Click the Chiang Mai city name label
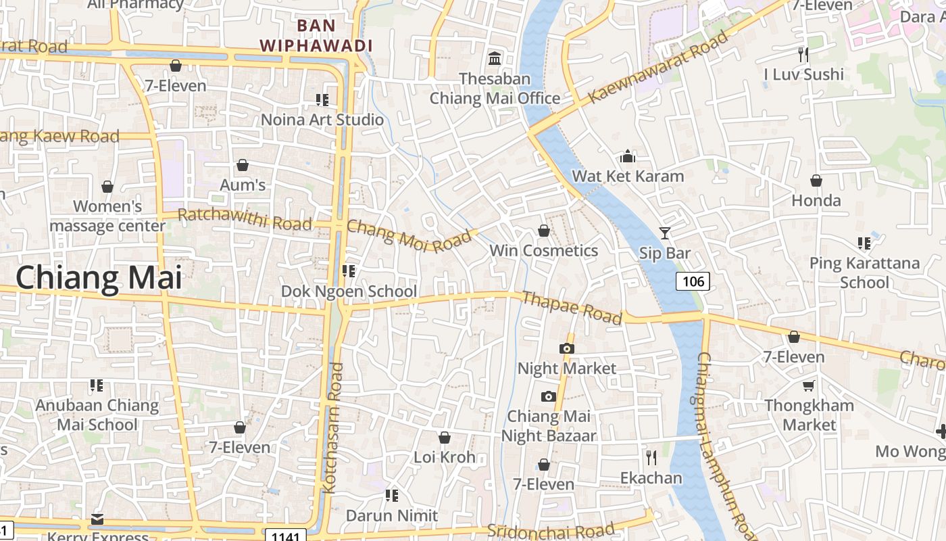(99, 278)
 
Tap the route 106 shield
(693, 281)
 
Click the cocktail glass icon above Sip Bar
(665, 233)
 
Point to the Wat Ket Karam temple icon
(628, 157)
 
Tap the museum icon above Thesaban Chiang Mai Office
(495, 59)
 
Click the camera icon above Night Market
(567, 348)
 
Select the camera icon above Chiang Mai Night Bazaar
(548, 396)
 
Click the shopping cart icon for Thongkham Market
(808, 385)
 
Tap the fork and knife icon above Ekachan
(651, 458)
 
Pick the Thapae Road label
(572, 308)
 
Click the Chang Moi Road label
(408, 236)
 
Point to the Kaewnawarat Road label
(659, 68)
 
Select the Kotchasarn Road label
(332, 427)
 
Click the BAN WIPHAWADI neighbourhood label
(316, 36)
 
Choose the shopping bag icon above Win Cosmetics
(543, 231)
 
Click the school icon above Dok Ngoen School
(349, 271)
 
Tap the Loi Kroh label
(445, 457)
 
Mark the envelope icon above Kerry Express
(98, 519)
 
